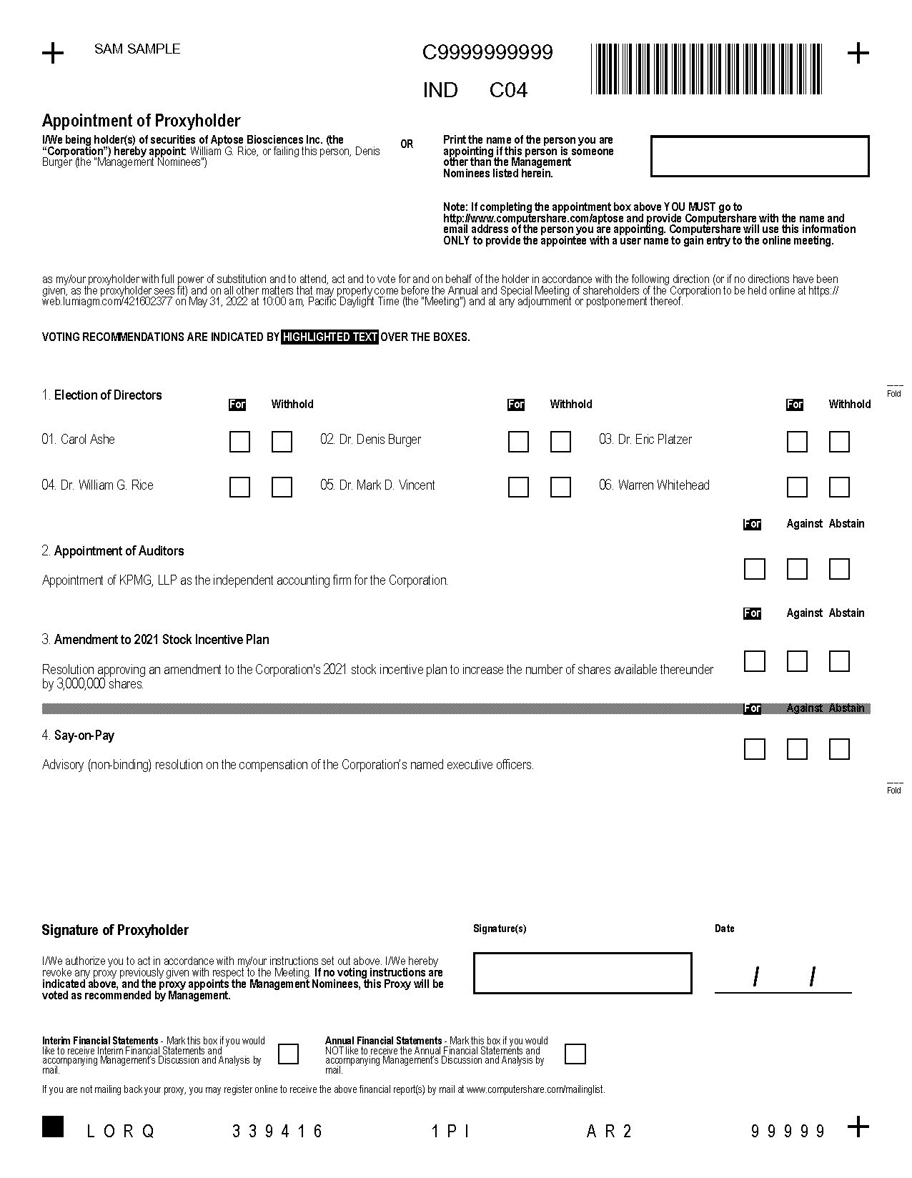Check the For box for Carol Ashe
coord(239,442)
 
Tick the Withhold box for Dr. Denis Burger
coord(560,442)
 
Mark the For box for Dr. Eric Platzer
coord(797,442)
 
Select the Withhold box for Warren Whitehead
coord(839,487)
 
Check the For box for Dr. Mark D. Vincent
coord(518,487)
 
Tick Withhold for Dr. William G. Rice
coord(282,487)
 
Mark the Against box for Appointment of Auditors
coord(797,569)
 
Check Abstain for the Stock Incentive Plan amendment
coord(839,661)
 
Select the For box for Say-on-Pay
coord(755,749)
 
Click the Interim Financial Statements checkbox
coord(288,1054)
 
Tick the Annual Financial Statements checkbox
coord(575,1054)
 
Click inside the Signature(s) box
coord(583,973)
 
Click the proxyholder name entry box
coord(760,156)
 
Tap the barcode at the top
coord(706,69)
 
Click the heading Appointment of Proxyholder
coord(141,121)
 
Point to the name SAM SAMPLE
coord(137,49)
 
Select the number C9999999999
coord(487,53)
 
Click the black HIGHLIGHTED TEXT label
coord(329,337)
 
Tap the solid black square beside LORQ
coord(53,1126)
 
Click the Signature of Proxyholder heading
coord(115,930)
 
